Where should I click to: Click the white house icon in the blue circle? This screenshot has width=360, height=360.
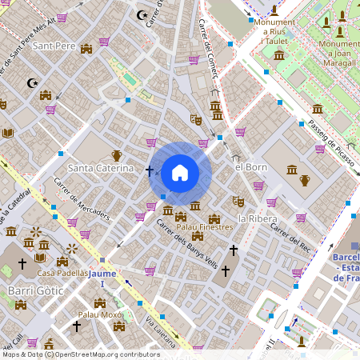(x=180, y=172)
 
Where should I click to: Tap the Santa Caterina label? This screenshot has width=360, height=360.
(x=101, y=168)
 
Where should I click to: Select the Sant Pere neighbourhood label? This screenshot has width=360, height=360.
(x=54, y=46)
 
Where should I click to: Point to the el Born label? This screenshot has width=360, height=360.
(x=250, y=167)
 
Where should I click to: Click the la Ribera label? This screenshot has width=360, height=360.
(x=258, y=218)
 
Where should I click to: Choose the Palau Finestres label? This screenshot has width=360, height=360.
(x=205, y=227)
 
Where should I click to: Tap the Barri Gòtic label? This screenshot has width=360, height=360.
(x=31, y=289)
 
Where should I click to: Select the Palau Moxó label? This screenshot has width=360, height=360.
(x=99, y=315)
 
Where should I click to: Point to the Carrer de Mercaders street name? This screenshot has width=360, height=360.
(x=82, y=201)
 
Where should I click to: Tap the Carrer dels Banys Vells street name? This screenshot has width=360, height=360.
(x=186, y=244)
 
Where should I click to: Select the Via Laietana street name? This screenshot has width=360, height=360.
(x=161, y=331)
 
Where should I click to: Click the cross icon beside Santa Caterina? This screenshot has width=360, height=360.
(x=150, y=170)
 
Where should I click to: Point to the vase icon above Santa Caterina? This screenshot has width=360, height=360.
(x=116, y=155)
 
